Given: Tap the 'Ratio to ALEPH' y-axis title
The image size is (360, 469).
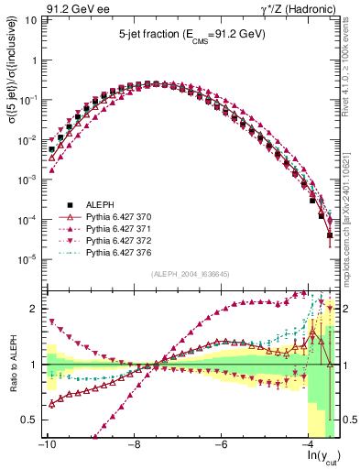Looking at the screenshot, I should click(13, 365).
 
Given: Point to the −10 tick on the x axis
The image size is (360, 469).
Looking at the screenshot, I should click(46, 444).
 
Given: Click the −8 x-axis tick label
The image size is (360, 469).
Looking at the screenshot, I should click(134, 444).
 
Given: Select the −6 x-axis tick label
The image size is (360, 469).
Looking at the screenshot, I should click(221, 444).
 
